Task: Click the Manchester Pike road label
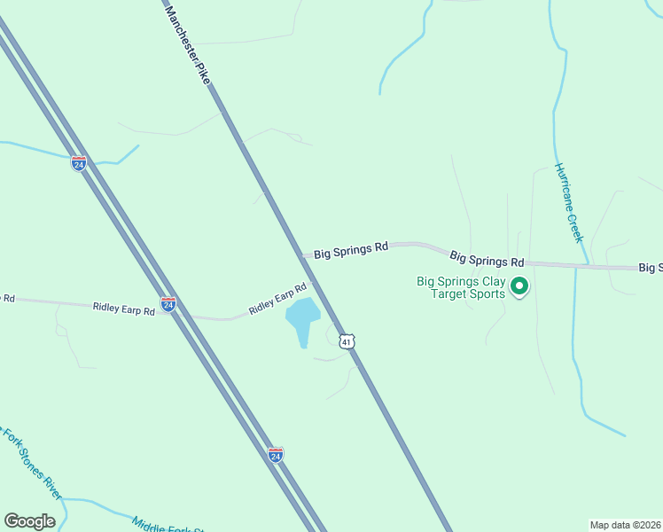tap(188, 44)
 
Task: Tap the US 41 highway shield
tap(347, 341)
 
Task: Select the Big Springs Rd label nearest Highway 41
tap(352, 249)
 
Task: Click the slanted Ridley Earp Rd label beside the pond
tap(277, 298)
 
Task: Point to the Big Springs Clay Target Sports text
tap(461, 288)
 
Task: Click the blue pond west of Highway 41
tap(302, 317)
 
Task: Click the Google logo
tap(29, 520)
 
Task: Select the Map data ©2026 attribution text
tap(625, 524)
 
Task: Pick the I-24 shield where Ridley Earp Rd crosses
tap(168, 305)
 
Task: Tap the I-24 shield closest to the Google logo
tap(276, 454)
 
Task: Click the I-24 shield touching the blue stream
tap(79, 163)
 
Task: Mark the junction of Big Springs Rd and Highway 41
tap(305, 255)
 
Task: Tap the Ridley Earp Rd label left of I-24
tap(125, 308)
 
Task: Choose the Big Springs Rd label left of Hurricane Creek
tap(487, 260)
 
